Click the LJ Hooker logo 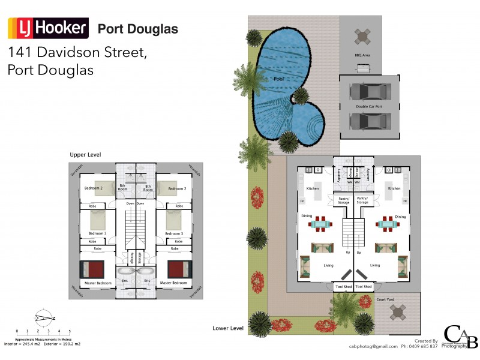pos(48,28)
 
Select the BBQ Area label pos(362,55)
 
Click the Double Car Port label pos(369,106)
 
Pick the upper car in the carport pos(368,92)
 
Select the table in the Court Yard pos(398,313)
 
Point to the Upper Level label pos(85,155)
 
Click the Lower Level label pos(228,328)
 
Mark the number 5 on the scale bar pos(70,331)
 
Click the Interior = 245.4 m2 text pos(22,344)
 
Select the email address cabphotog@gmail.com pos(373,346)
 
